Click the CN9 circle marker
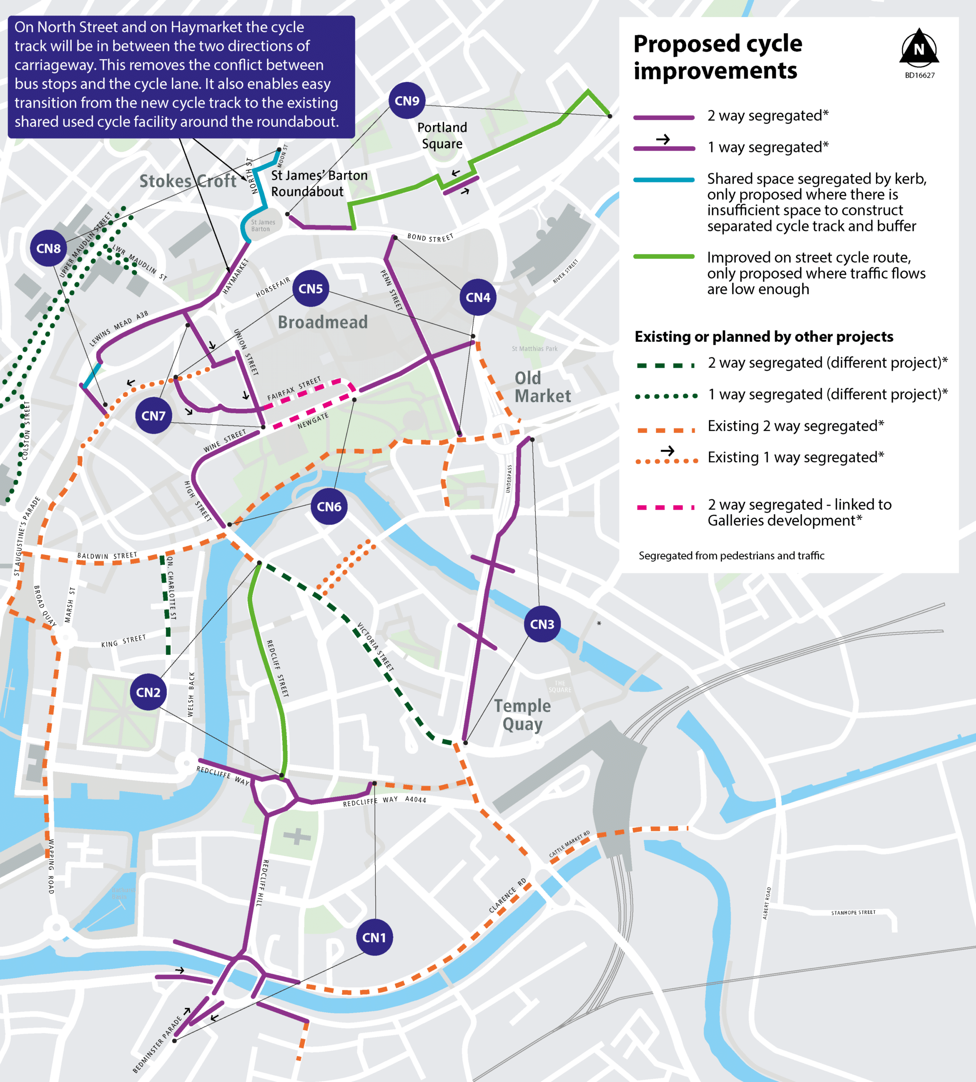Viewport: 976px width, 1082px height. coord(407,101)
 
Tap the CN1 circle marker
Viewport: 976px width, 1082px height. coord(374,937)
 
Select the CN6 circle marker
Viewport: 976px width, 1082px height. coord(329,506)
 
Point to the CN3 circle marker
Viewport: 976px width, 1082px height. coord(542,624)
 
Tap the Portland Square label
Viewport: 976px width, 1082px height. coord(442,135)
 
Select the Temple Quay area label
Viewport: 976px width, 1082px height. coord(522,714)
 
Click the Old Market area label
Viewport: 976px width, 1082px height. coord(542,387)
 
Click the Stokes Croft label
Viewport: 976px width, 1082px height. coord(188,181)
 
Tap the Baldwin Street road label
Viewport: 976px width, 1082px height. coord(107,555)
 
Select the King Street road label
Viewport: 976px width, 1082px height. coord(123,641)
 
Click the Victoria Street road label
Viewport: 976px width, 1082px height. coord(375,647)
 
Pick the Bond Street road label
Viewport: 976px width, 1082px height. coord(430,237)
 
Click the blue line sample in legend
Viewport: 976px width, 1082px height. coord(664,180)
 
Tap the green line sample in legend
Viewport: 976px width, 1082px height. coord(664,256)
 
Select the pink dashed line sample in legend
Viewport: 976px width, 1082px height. coord(665,507)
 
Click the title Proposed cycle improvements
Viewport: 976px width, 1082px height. coord(717,57)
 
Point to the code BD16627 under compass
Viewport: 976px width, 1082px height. coord(919,75)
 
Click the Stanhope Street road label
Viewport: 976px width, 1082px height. coord(853,912)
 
